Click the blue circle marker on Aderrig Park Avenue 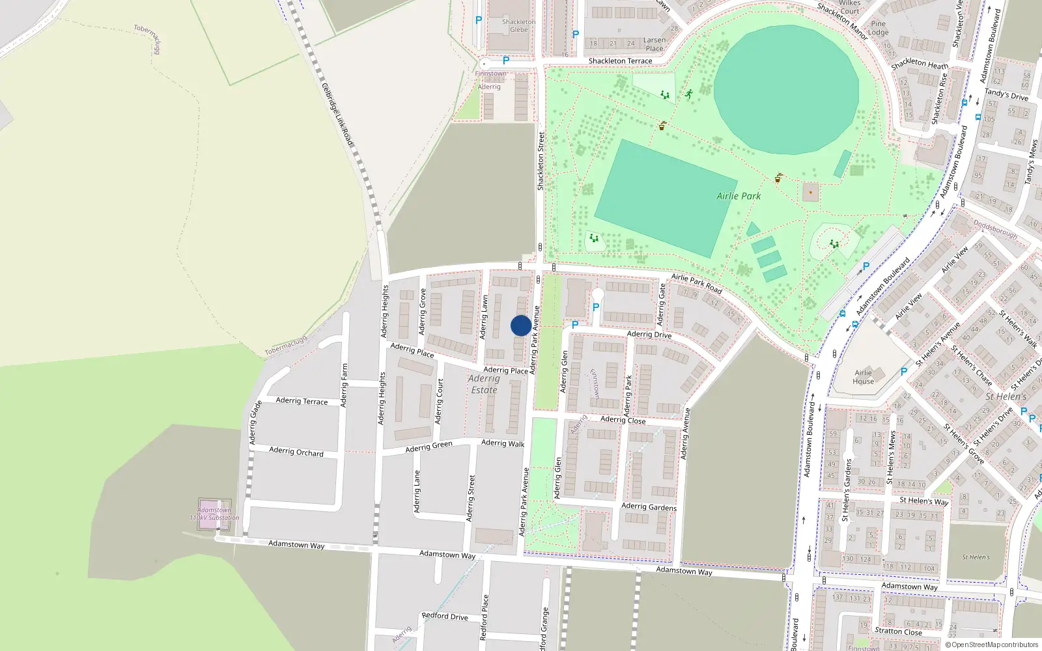click(520, 325)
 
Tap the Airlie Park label click(739, 196)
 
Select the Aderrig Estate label click(484, 384)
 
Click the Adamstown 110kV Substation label click(215, 514)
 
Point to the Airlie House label click(864, 377)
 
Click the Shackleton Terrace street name click(620, 61)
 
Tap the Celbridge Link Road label click(337, 115)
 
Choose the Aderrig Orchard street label click(296, 451)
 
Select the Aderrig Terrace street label click(302, 400)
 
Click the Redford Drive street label click(445, 616)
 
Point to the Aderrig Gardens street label click(649, 506)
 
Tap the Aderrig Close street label click(623, 420)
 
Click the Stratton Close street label click(898, 631)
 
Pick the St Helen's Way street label click(923, 501)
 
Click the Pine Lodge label click(878, 28)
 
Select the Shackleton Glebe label click(519, 25)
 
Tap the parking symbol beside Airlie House click(903, 372)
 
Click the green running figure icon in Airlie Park click(688, 94)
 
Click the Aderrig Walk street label click(503, 443)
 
